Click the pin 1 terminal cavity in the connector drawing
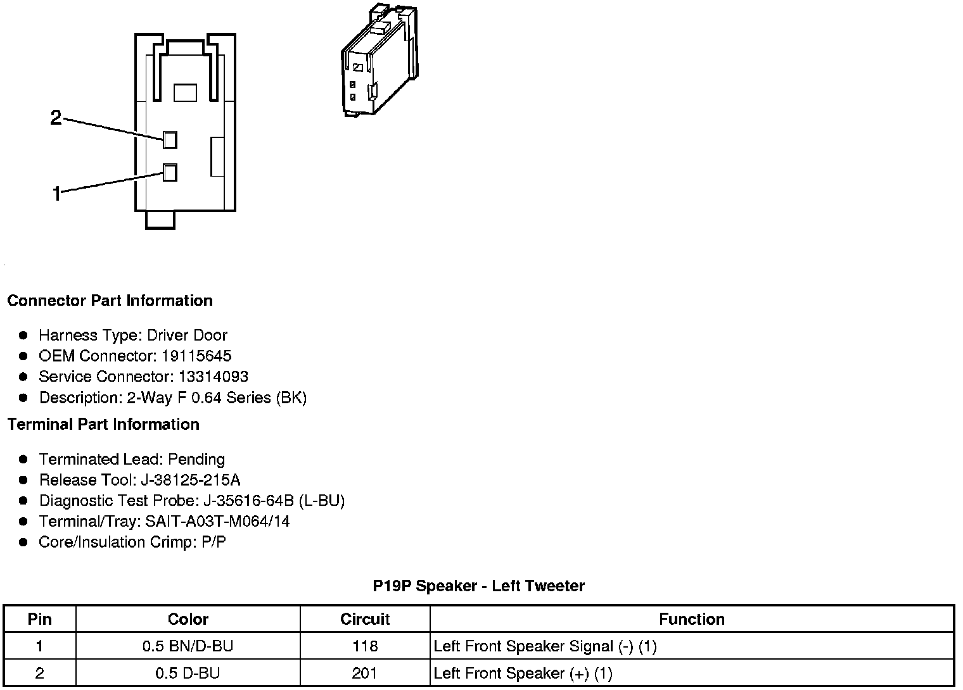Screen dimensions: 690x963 tap(170, 172)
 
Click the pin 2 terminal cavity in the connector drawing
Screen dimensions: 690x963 tap(170, 140)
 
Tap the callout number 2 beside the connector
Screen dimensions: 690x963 tap(56, 118)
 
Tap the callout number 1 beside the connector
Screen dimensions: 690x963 tap(57, 194)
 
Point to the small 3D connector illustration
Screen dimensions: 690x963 tap(378, 61)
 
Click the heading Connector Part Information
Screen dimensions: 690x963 tap(110, 301)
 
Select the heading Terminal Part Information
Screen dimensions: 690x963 tap(103, 425)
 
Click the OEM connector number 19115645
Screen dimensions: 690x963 tap(196, 356)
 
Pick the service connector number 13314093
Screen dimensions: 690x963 tap(213, 377)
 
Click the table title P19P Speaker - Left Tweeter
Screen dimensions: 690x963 tap(478, 586)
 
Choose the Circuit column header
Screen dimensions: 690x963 tap(365, 619)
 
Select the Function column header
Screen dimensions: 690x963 tap(692, 619)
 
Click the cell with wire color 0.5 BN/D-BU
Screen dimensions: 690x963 tap(188, 646)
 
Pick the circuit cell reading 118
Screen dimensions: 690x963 tap(365, 646)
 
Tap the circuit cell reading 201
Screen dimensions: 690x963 tap(365, 674)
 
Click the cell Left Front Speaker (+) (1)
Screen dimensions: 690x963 tap(523, 674)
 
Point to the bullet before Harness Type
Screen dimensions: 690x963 tap(23, 335)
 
